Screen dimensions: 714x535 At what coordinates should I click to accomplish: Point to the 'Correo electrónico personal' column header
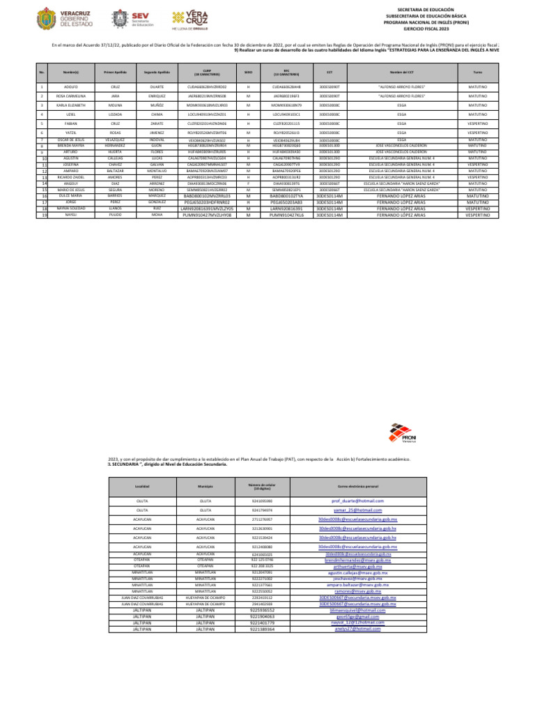(358, 486)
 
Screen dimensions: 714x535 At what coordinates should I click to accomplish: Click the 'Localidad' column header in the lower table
(142, 486)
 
